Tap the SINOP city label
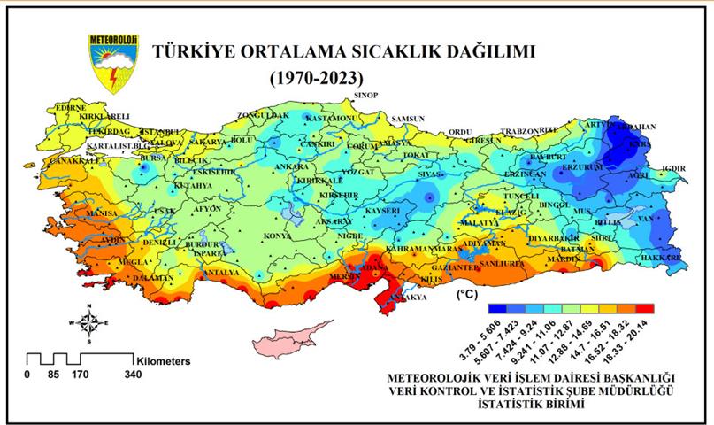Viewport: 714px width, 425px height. point(365,95)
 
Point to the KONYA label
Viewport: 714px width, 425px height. point(279,236)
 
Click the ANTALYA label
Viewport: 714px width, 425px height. point(220,274)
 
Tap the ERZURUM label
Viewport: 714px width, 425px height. point(579,166)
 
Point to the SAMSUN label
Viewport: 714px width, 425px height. point(408,119)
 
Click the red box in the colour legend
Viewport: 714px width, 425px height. point(645,309)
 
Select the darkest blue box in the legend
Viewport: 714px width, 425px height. point(496,309)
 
